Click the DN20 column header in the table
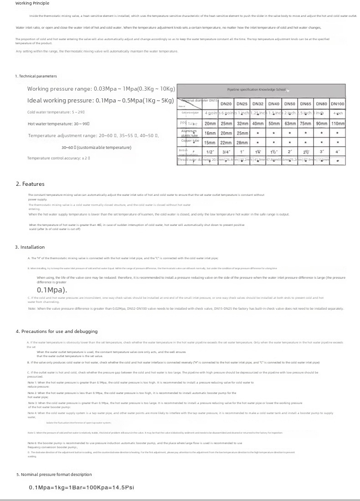pos(226,104)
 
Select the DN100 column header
pos(338,104)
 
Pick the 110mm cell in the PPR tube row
pos(338,123)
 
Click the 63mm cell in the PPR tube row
pos(290,123)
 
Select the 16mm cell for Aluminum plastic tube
pos(210,133)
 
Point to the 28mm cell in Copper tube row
pos(242,143)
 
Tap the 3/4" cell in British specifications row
pos(226,152)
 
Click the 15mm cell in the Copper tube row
pos(210,143)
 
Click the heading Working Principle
pos(32,3)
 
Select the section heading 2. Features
pos(30,184)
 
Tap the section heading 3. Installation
pos(30,247)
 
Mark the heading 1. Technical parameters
pos(36,76)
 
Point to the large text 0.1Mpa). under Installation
pos(52,290)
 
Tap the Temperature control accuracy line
pos(59,158)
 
